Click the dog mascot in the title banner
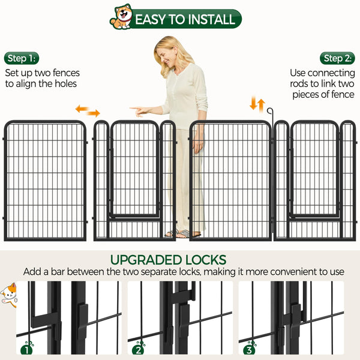click(121, 18)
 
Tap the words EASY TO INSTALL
click(185, 19)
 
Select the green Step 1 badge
click(22, 58)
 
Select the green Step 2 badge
click(337, 58)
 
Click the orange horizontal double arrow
click(88, 111)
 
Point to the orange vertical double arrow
click(257, 104)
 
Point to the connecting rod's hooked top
click(271, 111)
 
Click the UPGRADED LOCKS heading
click(169, 260)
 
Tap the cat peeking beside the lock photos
click(8, 295)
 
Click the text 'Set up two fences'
click(42, 73)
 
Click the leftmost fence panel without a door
click(45, 180)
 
